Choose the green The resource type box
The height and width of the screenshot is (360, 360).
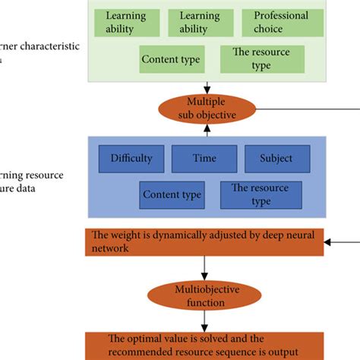coord(261,59)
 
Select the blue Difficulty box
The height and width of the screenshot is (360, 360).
coord(137,159)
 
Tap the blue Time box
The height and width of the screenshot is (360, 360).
coord(204,159)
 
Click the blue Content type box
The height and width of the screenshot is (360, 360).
coord(172,195)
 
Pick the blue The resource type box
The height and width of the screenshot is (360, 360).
coord(261,195)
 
